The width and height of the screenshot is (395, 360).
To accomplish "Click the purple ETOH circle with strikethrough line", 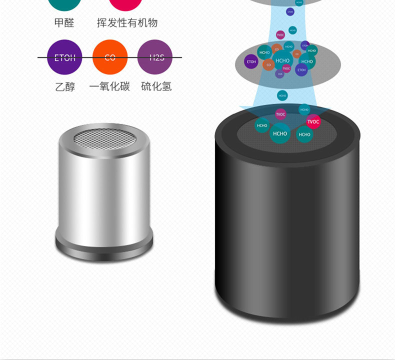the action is [x=65, y=57].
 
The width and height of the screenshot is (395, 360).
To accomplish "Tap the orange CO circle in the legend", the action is [x=110, y=57].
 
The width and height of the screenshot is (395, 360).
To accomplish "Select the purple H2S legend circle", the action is [x=155, y=57].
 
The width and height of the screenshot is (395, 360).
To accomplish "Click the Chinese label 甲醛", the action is [x=64, y=23].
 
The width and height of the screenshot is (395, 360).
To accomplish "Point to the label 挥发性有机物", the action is [x=127, y=23].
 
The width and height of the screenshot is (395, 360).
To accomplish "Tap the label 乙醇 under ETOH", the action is [x=65, y=86].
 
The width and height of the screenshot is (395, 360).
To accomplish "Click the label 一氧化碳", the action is [x=109, y=86].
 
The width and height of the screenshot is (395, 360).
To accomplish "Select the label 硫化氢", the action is [x=156, y=86].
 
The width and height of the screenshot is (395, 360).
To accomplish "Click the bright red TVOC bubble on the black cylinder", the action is [x=313, y=121].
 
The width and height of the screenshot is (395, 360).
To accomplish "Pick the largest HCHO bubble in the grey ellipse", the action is [x=282, y=60].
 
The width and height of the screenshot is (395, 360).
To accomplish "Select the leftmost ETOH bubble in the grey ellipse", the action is [x=251, y=62].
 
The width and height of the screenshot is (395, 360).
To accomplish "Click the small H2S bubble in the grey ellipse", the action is [x=280, y=73].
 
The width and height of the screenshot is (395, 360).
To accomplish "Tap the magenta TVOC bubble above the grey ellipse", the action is [x=280, y=35].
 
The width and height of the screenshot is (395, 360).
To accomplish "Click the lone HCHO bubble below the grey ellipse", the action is [x=282, y=95].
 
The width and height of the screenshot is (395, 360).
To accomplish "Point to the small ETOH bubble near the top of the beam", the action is [x=290, y=11].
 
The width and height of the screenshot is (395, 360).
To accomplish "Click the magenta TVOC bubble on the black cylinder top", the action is [x=280, y=114].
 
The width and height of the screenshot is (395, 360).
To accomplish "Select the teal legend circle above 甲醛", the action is [x=65, y=4].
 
